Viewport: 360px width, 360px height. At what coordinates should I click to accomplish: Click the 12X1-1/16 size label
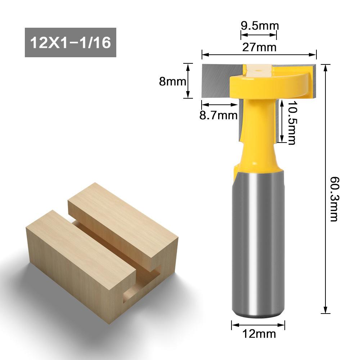70,42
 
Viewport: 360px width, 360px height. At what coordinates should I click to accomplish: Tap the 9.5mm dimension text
259,26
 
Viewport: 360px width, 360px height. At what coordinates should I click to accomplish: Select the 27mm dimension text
259,47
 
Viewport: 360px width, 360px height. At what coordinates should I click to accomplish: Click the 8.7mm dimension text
219,116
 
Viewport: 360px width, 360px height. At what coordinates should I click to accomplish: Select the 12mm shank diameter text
259,334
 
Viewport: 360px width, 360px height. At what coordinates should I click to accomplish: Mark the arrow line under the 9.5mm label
259,35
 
